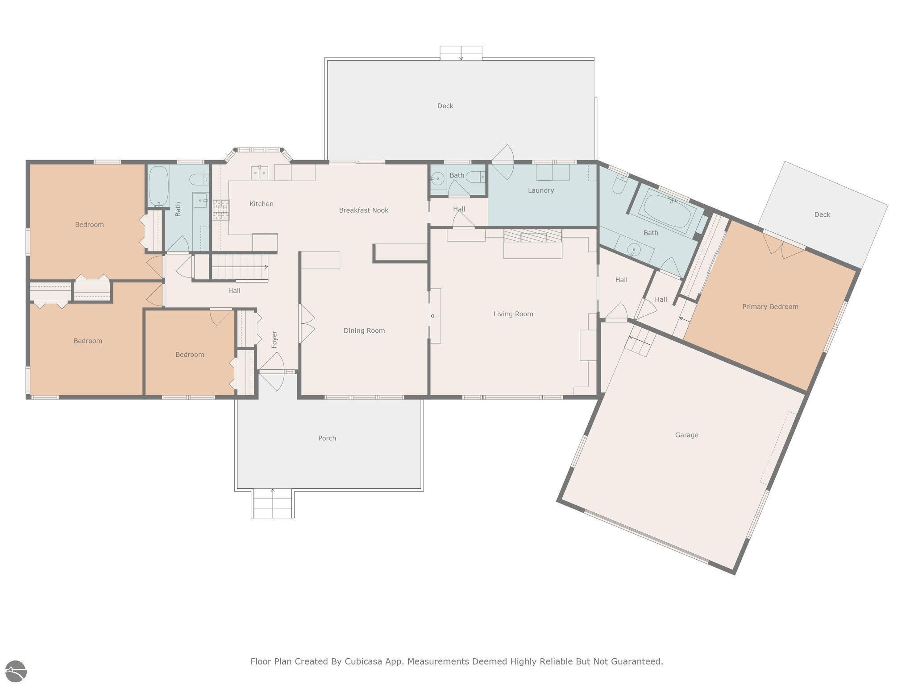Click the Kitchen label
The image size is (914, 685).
(x=262, y=204)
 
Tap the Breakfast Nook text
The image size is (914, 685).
(x=364, y=210)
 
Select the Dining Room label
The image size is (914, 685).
(x=364, y=330)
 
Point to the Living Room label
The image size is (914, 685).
(x=513, y=314)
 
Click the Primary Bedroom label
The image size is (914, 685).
(x=770, y=306)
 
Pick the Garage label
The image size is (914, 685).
(x=686, y=435)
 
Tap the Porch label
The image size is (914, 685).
(x=327, y=438)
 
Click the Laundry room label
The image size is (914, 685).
(x=541, y=190)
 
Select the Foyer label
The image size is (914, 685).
(x=274, y=339)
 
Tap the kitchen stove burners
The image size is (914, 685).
(x=221, y=210)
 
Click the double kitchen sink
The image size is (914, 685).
(x=259, y=172)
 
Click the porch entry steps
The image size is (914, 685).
(x=273, y=503)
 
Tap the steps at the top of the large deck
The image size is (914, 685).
(x=461, y=53)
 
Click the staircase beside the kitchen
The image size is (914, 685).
(x=240, y=267)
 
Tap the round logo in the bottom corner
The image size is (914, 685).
(x=16, y=672)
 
